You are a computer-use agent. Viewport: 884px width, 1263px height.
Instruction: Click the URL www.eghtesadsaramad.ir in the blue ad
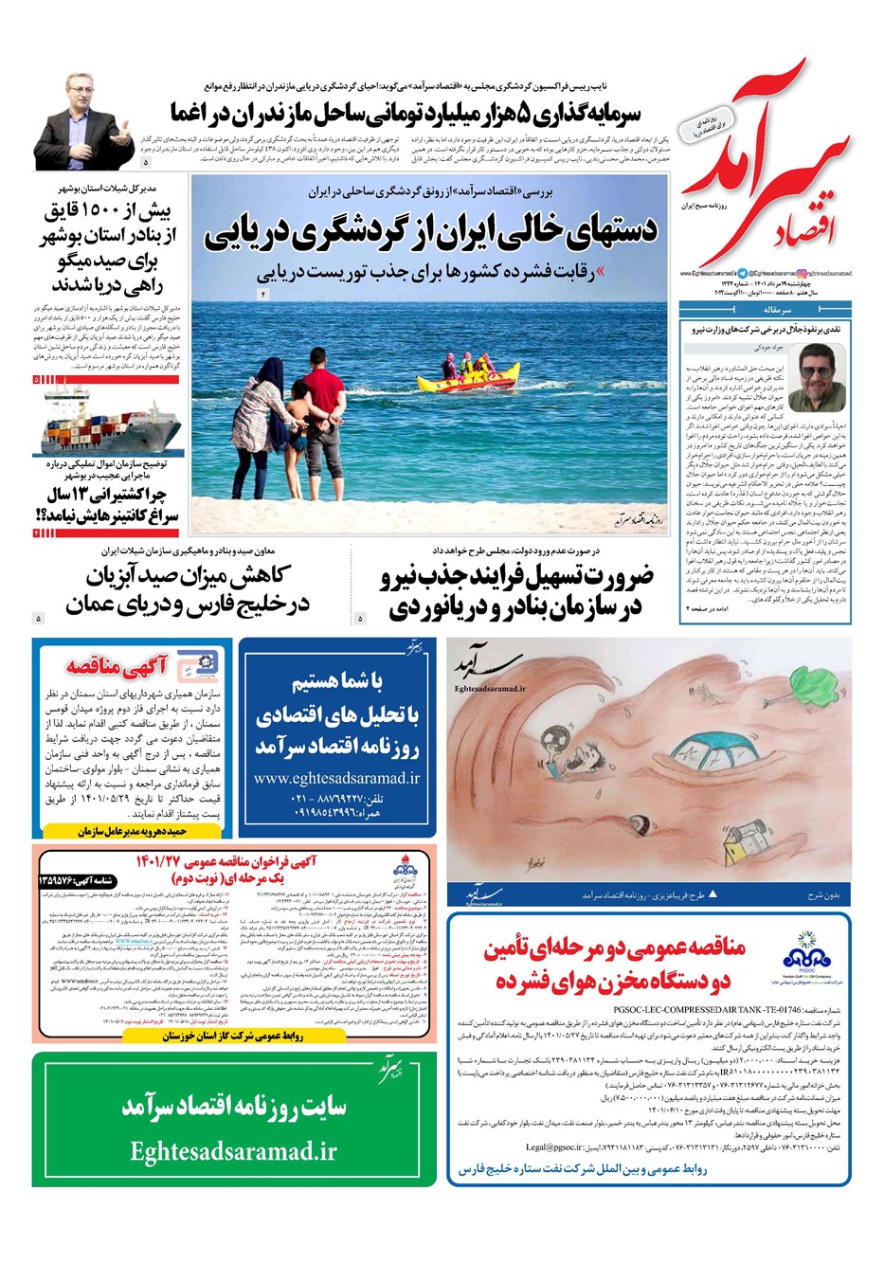point(336,778)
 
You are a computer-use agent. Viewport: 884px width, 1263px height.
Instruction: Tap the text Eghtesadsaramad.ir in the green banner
point(234,1151)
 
